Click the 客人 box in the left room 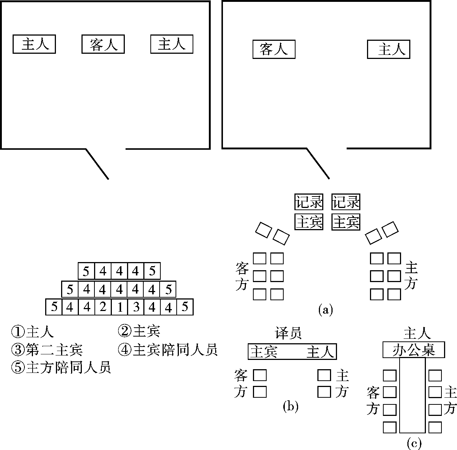(x=103, y=44)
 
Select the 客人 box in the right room (x=274, y=49)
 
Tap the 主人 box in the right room (x=388, y=49)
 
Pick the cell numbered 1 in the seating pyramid (x=119, y=307)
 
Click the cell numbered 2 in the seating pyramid (x=103, y=307)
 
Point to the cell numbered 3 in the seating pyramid (x=136, y=307)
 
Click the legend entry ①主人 (x=33, y=331)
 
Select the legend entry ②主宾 (x=139, y=331)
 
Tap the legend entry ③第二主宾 (x=47, y=350)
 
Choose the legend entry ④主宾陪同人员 (x=167, y=350)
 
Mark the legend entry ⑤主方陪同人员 (x=61, y=368)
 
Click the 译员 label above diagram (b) (x=288, y=333)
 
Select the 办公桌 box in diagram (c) (x=413, y=350)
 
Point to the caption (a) (x=326, y=309)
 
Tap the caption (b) (x=290, y=407)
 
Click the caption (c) (x=414, y=443)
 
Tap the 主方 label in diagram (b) (x=342, y=384)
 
